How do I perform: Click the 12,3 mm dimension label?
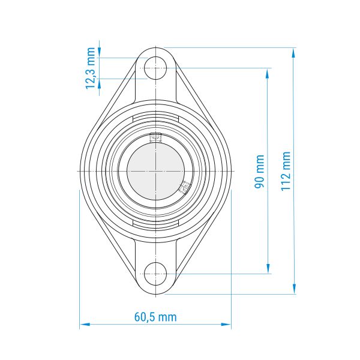click(x=91, y=68)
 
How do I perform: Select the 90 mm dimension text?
click(x=259, y=171)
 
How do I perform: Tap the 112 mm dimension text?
click(x=286, y=171)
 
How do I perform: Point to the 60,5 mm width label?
click(x=155, y=317)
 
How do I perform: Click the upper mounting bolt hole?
click(x=155, y=68)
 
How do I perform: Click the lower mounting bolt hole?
click(x=155, y=274)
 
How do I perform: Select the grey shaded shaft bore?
click(x=155, y=171)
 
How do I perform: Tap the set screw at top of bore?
click(x=155, y=138)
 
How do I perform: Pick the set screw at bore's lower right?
click(x=185, y=187)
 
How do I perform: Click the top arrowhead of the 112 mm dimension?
click(x=293, y=53)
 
